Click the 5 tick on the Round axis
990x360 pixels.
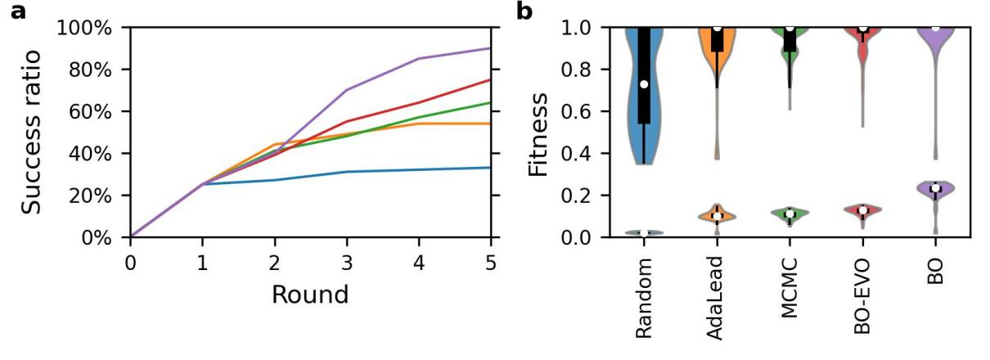[490, 262]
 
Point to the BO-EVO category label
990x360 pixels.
[862, 299]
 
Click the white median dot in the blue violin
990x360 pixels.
[645, 84]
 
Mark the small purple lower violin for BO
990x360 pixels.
[934, 189]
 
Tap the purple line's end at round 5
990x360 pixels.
[490, 48]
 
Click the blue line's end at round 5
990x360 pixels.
[490, 168]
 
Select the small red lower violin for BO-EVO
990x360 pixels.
[862, 210]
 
